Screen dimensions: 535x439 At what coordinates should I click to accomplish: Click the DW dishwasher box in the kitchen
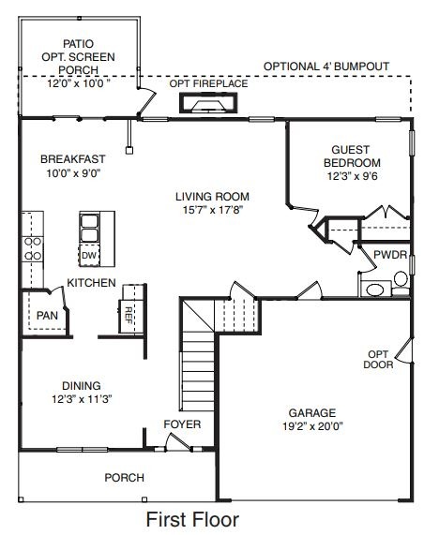(89, 255)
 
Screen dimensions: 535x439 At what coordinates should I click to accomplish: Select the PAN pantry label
(46, 316)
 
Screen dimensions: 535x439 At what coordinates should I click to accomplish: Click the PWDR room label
(389, 255)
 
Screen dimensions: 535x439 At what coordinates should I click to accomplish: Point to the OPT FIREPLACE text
(208, 84)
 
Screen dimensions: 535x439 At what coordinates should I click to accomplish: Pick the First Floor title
(192, 518)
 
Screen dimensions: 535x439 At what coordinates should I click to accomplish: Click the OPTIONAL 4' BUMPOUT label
(325, 67)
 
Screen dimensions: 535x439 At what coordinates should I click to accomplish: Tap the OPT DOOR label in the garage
(378, 359)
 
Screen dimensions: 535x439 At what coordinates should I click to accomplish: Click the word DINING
(82, 384)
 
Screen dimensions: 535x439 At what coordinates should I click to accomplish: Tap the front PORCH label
(124, 477)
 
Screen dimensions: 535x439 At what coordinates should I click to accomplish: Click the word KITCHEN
(91, 283)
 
